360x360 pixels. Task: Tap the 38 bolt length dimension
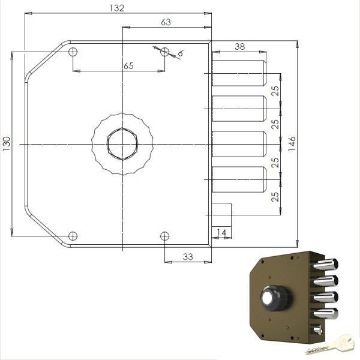click(239, 46)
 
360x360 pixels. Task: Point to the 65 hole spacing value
click(128, 65)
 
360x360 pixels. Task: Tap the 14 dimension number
click(222, 232)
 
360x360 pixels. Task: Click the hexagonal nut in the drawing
click(122, 144)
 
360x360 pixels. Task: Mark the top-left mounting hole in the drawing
click(73, 52)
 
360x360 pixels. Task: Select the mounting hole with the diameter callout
click(164, 52)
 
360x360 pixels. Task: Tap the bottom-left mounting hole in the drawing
click(73, 235)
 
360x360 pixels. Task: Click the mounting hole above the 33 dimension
click(164, 235)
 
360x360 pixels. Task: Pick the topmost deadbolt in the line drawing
click(238, 73)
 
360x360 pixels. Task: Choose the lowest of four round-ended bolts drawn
click(238, 180)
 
